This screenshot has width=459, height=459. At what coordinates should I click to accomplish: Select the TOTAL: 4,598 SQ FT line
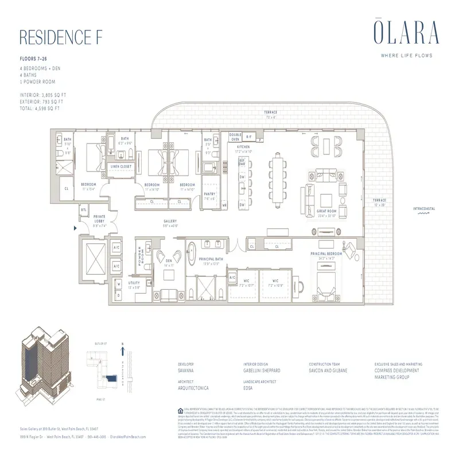40,108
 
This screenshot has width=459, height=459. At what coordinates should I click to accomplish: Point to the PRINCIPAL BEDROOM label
326,254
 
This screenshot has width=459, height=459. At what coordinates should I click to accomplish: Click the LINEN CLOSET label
121,166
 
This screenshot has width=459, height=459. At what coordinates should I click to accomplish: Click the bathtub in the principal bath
190,254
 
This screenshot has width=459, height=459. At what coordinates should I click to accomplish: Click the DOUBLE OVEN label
235,138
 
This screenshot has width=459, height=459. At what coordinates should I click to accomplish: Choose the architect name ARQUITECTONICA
193,388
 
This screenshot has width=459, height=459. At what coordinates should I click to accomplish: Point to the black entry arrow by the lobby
75,228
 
